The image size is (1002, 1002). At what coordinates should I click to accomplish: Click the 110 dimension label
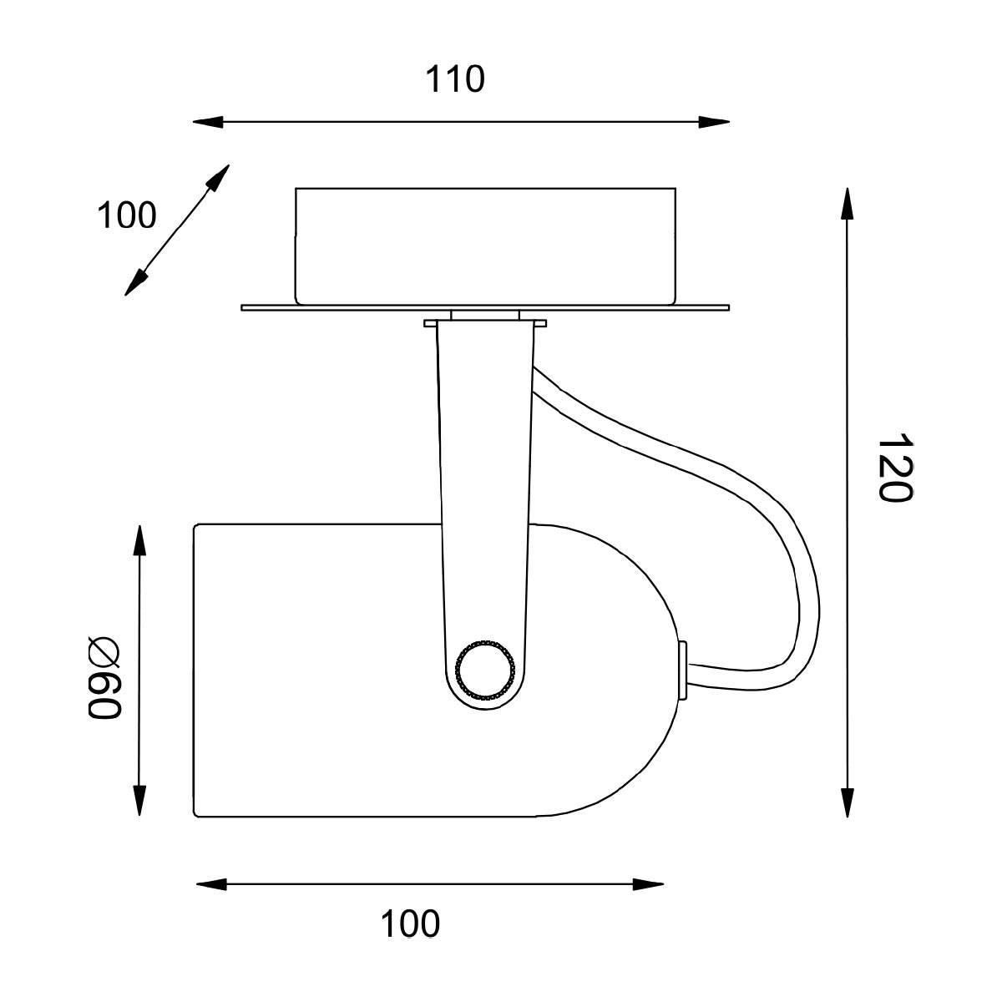455,79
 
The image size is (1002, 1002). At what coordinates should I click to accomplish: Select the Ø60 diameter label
104,676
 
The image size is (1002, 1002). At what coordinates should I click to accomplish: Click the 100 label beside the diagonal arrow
127,215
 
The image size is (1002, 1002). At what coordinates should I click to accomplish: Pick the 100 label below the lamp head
410,924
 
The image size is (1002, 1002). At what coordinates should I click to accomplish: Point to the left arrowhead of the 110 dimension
208,122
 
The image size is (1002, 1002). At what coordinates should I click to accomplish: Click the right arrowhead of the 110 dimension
714,122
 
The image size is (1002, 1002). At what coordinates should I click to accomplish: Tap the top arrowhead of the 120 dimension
848,204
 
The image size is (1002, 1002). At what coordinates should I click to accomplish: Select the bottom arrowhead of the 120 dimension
848,802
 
